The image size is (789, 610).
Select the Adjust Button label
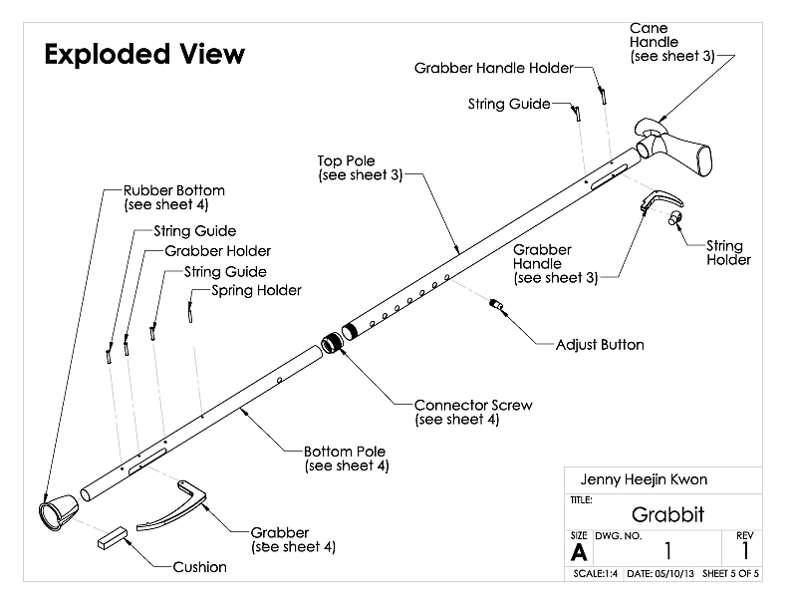tap(600, 345)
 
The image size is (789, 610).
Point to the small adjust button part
tap(499, 304)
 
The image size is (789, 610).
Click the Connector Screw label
tap(473, 412)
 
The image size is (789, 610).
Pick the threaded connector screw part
tap(334, 340)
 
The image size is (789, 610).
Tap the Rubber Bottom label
tap(174, 197)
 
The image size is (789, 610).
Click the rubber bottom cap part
tap(56, 512)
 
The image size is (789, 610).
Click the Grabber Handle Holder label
tap(493, 68)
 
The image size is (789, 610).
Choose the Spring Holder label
tap(256, 290)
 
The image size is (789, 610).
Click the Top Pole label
tap(360, 167)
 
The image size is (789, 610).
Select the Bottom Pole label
tap(347, 457)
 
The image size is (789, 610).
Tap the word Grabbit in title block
tap(667, 515)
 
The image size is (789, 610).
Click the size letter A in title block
tap(578, 551)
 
